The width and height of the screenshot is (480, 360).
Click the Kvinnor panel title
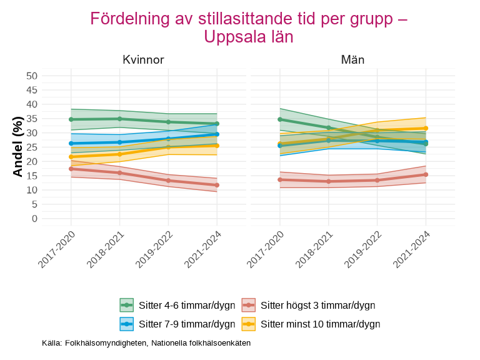[143, 60]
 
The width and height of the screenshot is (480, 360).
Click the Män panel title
[352, 60]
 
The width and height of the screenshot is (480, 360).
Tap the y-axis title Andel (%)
[18, 147]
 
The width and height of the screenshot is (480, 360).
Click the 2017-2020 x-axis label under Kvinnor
[57, 250]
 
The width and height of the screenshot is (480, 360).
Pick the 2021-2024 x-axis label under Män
[412, 250]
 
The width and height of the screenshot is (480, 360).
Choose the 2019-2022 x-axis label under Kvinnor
[155, 250]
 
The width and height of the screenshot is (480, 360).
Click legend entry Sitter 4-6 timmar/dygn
[187, 306]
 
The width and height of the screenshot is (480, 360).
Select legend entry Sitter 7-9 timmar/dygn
[187, 324]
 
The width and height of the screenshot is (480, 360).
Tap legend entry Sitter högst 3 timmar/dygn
[317, 306]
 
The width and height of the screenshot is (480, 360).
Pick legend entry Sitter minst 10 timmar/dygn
[320, 324]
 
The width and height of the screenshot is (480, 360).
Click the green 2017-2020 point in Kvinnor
[71, 119]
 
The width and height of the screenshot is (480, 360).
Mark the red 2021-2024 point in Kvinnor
[217, 185]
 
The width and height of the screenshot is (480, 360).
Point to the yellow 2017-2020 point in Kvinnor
[71, 157]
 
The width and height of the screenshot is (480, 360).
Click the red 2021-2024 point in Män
[426, 174]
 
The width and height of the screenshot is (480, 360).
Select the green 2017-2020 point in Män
[280, 119]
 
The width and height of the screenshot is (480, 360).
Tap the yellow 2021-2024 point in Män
[426, 128]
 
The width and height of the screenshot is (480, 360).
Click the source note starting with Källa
[146, 343]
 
